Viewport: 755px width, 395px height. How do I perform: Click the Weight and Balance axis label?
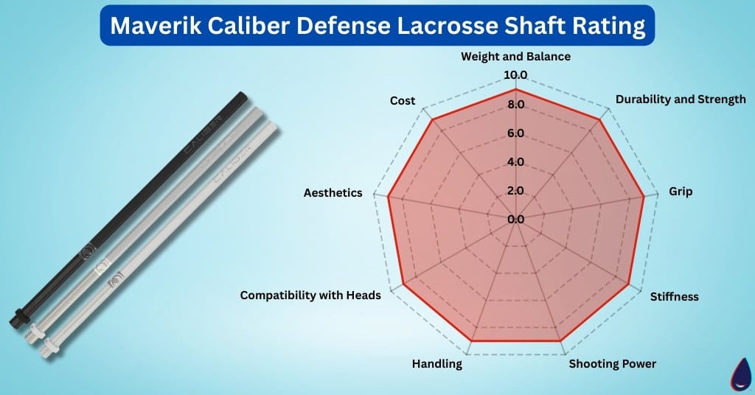click(515, 57)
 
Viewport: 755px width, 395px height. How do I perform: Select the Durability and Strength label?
click(681, 99)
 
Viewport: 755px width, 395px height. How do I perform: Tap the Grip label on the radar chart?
click(681, 192)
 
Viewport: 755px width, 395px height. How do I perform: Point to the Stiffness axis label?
click(674, 297)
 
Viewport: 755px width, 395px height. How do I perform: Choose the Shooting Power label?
click(613, 364)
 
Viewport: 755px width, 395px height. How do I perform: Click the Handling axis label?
click(437, 364)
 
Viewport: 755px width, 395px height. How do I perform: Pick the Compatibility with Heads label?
click(310, 296)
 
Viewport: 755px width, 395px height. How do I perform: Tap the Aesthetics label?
click(333, 192)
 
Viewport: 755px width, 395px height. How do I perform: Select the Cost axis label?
click(403, 101)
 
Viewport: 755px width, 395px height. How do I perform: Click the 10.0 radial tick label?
click(515, 75)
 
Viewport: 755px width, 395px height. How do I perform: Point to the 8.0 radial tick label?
click(515, 105)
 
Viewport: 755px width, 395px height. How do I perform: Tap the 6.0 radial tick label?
click(515, 133)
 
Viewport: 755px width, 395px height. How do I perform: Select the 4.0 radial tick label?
click(515, 162)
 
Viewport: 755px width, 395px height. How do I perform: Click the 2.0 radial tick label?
click(515, 191)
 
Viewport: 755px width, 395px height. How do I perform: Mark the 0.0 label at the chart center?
click(515, 219)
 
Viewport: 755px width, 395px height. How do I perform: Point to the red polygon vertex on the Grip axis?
click(644, 197)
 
